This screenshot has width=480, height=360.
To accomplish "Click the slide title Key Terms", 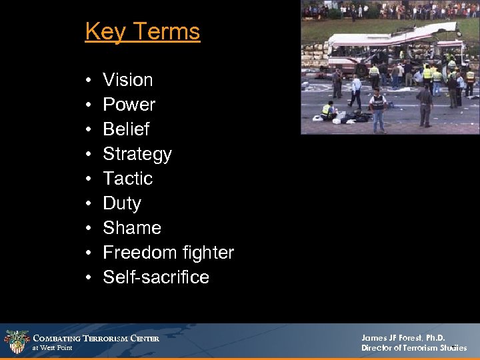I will click(x=142, y=31).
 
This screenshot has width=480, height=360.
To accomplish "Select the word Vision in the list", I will click(x=127, y=80).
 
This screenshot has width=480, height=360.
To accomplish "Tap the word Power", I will click(x=129, y=105).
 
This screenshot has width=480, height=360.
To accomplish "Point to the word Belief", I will click(x=126, y=129).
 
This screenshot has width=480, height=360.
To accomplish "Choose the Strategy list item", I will click(x=137, y=154).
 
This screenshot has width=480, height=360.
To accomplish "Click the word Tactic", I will click(x=127, y=179).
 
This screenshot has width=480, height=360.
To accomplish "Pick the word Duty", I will click(x=122, y=203).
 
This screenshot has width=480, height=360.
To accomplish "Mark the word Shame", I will click(x=132, y=228).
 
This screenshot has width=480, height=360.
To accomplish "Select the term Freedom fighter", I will click(x=168, y=253).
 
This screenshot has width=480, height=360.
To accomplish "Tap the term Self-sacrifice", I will click(x=156, y=277).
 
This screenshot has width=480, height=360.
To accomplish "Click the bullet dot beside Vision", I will click(x=89, y=81).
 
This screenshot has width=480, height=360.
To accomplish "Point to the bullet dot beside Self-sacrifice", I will click(x=89, y=278).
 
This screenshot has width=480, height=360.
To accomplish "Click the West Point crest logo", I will click(x=16, y=342).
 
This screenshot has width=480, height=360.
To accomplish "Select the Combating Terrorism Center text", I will click(x=96, y=339).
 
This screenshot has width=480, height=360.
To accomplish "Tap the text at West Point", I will click(x=53, y=348).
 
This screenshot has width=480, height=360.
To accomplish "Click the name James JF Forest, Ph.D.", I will click(x=403, y=338).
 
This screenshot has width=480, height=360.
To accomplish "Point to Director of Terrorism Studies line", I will click(x=413, y=348).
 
